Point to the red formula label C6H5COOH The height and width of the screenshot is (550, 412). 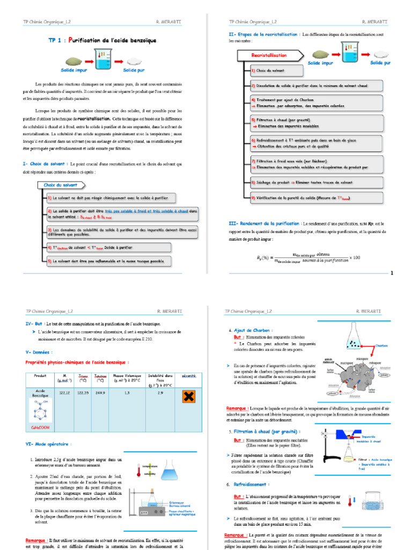click(40, 428)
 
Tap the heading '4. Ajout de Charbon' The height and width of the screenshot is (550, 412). click(253, 330)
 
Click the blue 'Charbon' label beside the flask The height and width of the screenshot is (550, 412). click(381, 346)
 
